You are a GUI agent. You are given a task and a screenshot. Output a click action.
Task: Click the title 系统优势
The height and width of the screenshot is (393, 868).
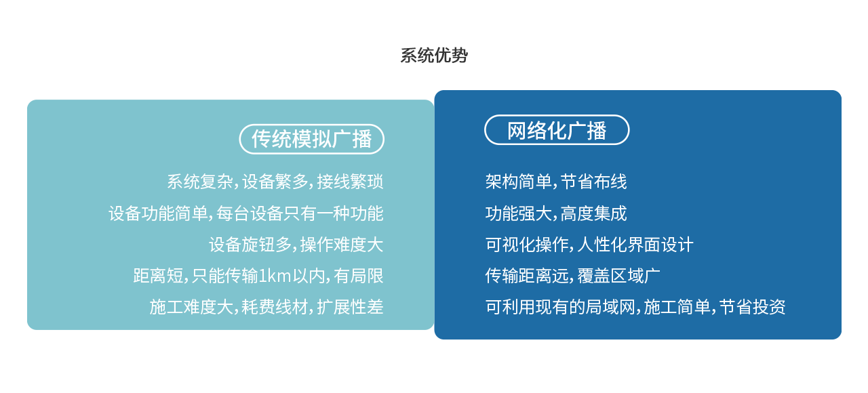click(x=434, y=56)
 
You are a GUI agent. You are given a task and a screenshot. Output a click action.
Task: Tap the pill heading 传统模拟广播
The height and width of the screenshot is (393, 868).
click(x=311, y=139)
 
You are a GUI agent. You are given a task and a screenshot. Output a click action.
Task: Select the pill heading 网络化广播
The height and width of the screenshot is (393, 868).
click(x=557, y=130)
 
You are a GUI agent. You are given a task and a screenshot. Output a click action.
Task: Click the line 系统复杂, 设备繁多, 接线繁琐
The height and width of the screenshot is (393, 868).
click(x=275, y=182)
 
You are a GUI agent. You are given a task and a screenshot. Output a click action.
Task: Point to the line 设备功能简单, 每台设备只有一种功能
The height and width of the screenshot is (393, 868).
click(x=246, y=213)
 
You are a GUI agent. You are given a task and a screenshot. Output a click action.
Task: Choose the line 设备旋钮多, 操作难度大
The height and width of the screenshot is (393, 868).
click(x=296, y=245)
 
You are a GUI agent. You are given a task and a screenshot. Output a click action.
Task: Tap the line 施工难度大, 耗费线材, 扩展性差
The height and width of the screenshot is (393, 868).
click(x=267, y=307)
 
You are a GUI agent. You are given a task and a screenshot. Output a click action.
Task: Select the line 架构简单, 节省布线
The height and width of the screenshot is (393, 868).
click(x=556, y=182)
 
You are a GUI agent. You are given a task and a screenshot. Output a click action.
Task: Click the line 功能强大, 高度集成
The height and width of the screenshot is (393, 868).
click(x=556, y=213)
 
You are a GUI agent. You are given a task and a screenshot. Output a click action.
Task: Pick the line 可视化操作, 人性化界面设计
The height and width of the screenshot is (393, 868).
click(x=589, y=245)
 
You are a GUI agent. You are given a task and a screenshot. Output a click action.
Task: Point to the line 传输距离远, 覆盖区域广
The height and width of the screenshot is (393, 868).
click(x=573, y=276)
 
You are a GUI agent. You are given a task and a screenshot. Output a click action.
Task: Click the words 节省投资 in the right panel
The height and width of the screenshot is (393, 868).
click(x=752, y=307)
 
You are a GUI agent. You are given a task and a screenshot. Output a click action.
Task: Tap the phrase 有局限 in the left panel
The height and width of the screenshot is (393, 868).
click(x=359, y=276)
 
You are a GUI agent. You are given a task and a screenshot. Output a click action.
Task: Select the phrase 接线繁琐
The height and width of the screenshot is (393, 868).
click(x=351, y=182)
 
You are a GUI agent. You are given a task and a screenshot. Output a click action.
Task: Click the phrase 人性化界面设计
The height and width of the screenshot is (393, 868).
click(x=635, y=245)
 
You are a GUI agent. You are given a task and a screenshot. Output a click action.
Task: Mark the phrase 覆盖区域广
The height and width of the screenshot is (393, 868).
click(x=619, y=276)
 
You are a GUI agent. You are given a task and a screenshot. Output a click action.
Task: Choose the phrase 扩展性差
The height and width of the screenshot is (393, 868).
click(x=351, y=307)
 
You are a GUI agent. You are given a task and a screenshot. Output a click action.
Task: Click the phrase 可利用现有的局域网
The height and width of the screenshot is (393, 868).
click(x=560, y=307)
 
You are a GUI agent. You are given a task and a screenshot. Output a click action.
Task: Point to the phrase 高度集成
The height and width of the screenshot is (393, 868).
click(x=593, y=213)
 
